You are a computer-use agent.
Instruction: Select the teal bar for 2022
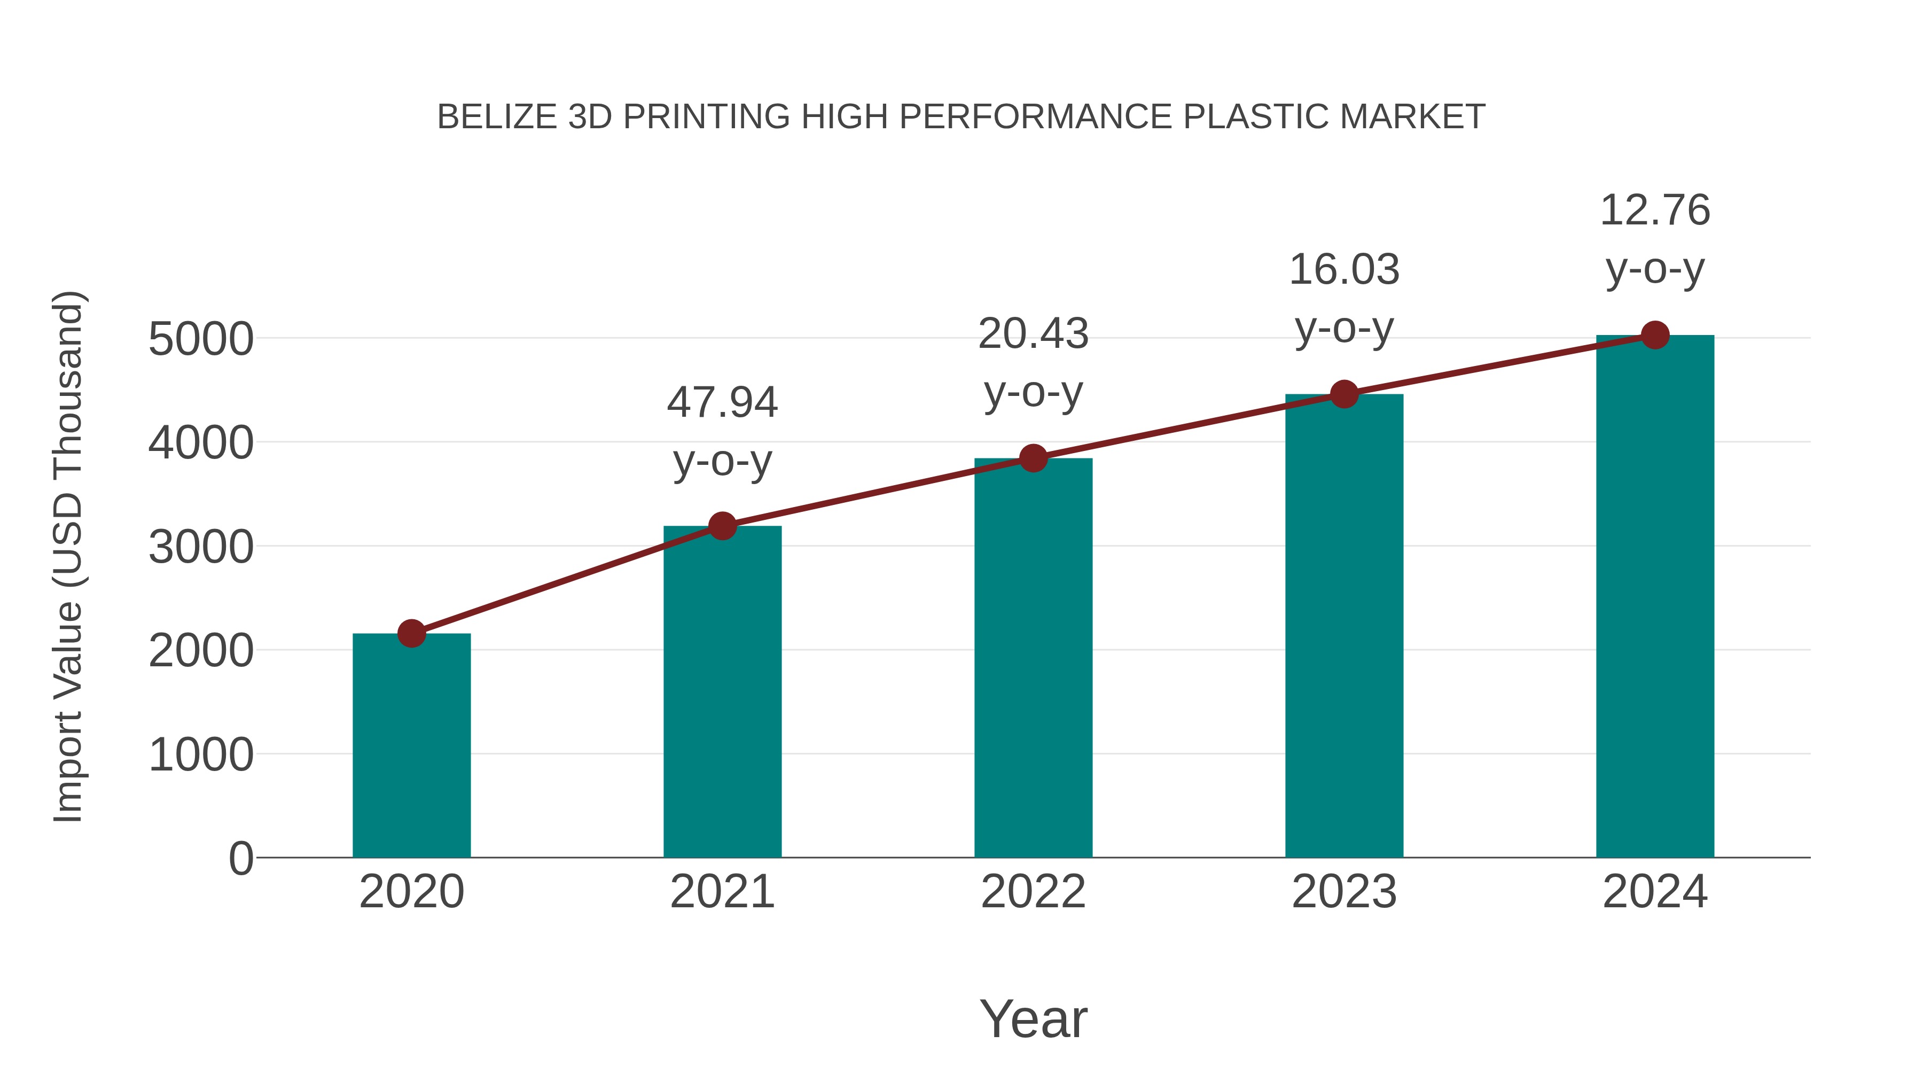(x=1033, y=657)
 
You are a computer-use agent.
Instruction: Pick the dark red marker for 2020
(x=411, y=633)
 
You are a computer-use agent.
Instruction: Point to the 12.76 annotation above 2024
(x=1655, y=210)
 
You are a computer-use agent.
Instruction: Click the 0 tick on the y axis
(x=240, y=858)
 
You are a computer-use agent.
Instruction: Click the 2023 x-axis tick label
(x=1344, y=892)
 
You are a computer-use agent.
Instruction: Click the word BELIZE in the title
(x=497, y=117)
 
